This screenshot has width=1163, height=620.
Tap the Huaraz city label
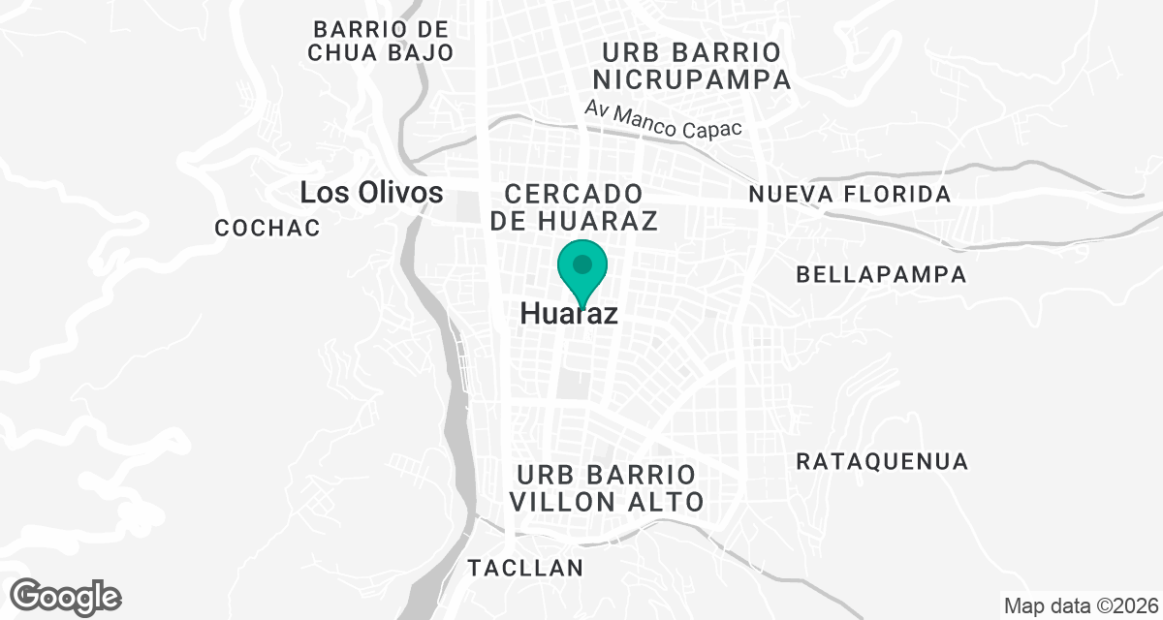(569, 314)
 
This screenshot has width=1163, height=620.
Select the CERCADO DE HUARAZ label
(574, 206)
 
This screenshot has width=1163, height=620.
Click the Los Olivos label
(371, 192)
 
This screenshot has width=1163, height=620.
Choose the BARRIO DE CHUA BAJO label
(380, 40)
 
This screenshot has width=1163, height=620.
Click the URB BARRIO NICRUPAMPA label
(693, 65)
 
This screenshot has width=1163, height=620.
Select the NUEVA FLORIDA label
(850, 195)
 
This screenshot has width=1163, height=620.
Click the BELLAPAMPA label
(881, 274)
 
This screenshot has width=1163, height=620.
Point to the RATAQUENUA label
(882, 461)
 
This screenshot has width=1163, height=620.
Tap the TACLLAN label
(526, 568)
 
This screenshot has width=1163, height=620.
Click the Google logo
(66, 596)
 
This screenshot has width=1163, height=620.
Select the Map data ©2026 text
(1081, 606)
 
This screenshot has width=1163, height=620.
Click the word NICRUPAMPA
(693, 79)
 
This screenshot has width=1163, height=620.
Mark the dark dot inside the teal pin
(581, 263)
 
